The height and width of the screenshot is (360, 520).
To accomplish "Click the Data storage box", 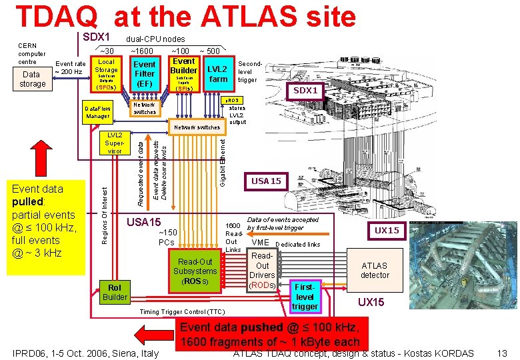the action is coord(33,79).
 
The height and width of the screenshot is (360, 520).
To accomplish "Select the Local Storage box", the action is coord(106,74).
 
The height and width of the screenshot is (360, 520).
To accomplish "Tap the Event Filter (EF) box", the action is coord(145,73).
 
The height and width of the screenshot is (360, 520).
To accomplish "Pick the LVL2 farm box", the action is coord(218,74).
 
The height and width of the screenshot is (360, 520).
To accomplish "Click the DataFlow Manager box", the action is coord(97,111).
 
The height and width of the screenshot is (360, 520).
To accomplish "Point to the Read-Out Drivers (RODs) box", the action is coord(263,270).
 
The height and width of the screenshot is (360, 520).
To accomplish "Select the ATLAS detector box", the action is coord(375,270).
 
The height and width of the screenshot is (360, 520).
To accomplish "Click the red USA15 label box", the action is coord(265,181).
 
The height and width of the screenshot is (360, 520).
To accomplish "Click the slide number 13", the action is coord(502,353).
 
